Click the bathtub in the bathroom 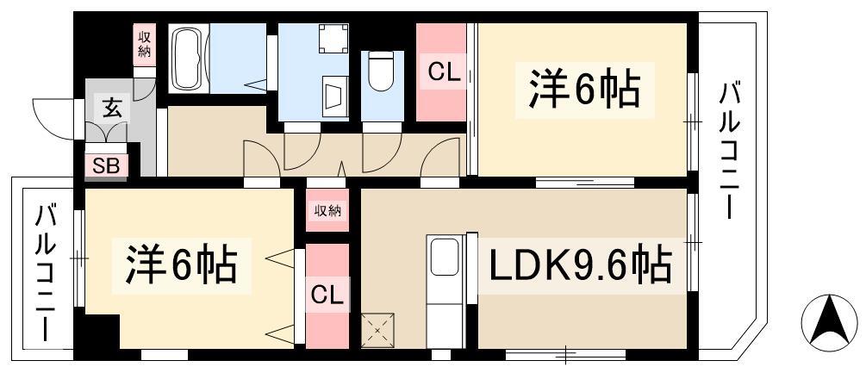(189, 59)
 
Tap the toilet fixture (380, 71)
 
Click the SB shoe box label (106, 166)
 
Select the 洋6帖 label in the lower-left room (182, 264)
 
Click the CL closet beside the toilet (441, 72)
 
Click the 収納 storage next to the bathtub (146, 45)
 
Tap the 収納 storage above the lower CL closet (328, 210)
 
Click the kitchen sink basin (445, 257)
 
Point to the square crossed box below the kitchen (377, 331)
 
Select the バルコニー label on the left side (47, 272)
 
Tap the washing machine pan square (334, 39)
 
